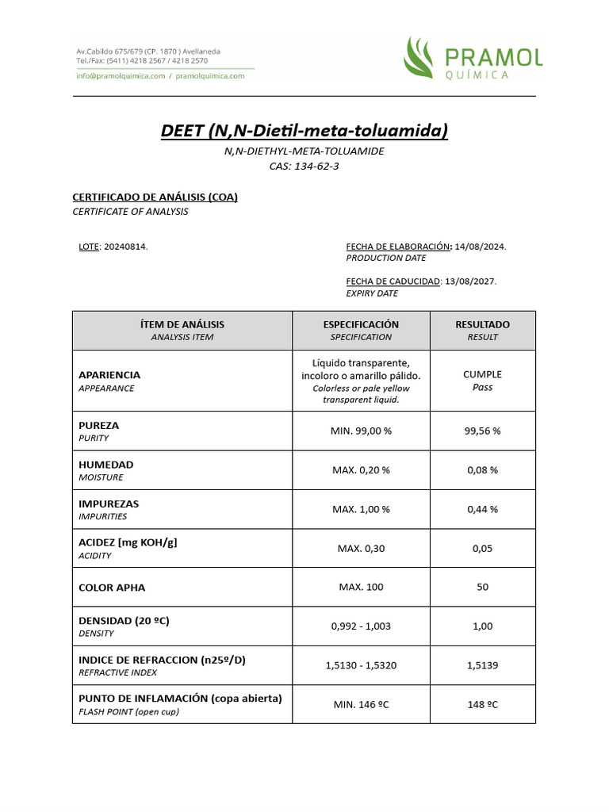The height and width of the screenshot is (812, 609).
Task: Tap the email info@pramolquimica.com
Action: pyautogui.click(x=121, y=76)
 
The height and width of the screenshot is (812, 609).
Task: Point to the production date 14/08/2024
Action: pyautogui.click(x=481, y=247)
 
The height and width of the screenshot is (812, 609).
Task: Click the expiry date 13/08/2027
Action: pyautogui.click(x=471, y=282)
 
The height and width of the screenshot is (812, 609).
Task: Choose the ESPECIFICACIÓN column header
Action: pyautogui.click(x=361, y=324)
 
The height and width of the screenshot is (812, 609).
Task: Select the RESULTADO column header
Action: pyautogui.click(x=482, y=324)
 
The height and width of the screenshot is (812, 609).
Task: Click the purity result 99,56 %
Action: pyautogui.click(x=482, y=431)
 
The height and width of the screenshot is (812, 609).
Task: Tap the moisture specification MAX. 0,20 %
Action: pyautogui.click(x=361, y=470)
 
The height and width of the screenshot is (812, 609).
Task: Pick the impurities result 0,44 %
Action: pyautogui.click(x=482, y=509)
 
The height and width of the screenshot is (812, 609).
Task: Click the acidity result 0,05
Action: pyautogui.click(x=482, y=548)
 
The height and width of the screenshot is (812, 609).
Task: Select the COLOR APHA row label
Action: pyautogui.click(x=112, y=588)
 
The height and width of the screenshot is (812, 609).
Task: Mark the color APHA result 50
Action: pyautogui.click(x=482, y=588)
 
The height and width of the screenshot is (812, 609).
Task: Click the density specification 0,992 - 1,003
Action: pyautogui.click(x=361, y=626)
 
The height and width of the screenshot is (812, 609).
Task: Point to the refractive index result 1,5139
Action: pyautogui.click(x=482, y=665)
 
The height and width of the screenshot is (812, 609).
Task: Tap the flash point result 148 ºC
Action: pyautogui.click(x=482, y=704)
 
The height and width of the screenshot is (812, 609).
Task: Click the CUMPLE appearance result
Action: pyautogui.click(x=482, y=374)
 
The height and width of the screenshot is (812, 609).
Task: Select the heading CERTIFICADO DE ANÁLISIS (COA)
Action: pyautogui.click(x=155, y=197)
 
